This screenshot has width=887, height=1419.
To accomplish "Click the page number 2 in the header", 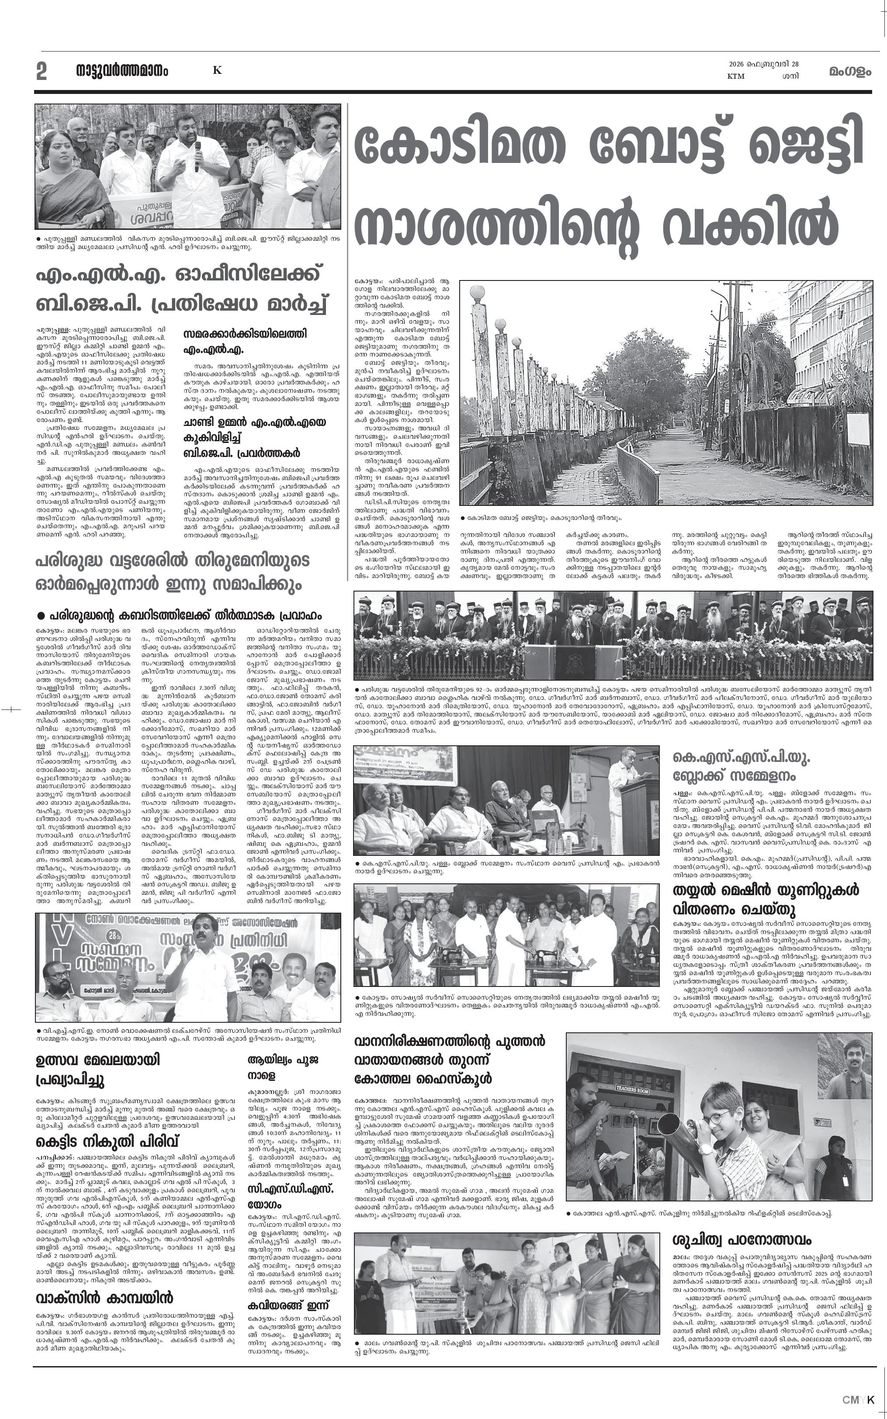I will coord(41,72).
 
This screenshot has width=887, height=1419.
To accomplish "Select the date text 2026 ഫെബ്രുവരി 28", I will coord(763,65).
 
